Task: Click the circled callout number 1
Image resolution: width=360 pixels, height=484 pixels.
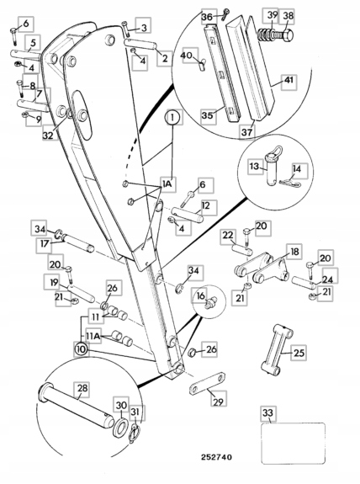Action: (x=172, y=118)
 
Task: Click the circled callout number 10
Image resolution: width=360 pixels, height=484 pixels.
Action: (x=81, y=349)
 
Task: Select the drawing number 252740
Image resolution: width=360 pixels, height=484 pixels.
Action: (x=216, y=457)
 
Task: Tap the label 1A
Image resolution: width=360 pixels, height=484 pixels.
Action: (x=167, y=184)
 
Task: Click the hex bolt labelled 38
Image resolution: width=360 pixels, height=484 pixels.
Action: (x=283, y=37)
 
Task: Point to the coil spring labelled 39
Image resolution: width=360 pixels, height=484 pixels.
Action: (x=267, y=35)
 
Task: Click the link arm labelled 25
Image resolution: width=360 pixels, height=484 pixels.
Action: (x=277, y=350)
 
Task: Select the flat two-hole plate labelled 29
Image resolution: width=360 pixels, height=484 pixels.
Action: (x=207, y=384)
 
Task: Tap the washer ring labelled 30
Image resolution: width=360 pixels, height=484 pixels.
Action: (x=121, y=428)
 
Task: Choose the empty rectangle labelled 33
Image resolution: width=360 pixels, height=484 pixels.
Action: (x=294, y=443)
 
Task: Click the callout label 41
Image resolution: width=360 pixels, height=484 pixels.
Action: (x=289, y=80)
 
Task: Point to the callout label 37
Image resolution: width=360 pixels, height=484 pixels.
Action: (x=247, y=132)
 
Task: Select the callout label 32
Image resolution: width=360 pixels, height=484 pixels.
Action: (x=48, y=135)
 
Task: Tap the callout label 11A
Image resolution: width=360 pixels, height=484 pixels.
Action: (x=93, y=336)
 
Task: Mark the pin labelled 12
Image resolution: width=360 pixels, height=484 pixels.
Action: (x=188, y=215)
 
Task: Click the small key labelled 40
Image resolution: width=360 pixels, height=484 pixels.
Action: (x=203, y=65)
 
